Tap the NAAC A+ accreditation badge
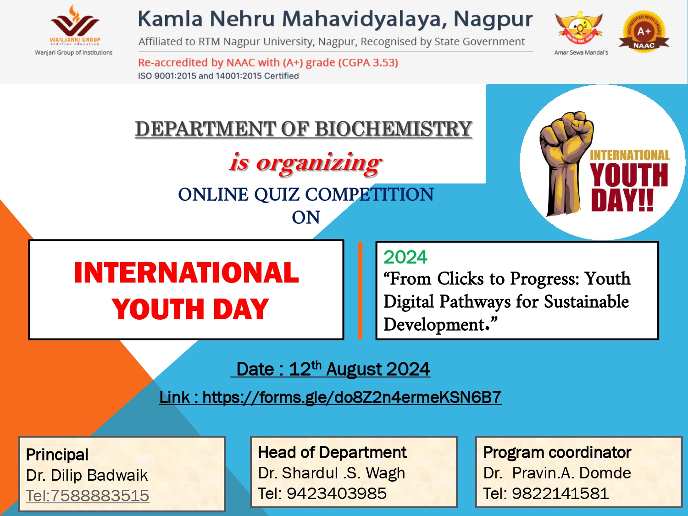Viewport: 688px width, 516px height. pyautogui.click(x=644, y=31)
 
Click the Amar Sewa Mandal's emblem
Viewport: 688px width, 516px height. pyautogui.click(x=579, y=28)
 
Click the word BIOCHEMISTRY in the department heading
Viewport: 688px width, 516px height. pyautogui.click(x=394, y=129)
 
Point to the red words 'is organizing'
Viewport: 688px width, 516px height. pyautogui.click(x=305, y=163)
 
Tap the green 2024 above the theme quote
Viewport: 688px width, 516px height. pyautogui.click(x=405, y=257)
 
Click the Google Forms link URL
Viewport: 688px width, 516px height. pyautogui.click(x=352, y=397)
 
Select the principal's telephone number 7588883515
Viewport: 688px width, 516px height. pyautogui.click(x=100, y=495)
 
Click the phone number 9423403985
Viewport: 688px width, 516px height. pyautogui.click(x=337, y=493)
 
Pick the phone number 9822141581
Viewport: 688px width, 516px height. pyautogui.click(x=560, y=493)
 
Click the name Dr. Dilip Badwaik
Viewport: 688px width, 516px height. pyautogui.click(x=87, y=475)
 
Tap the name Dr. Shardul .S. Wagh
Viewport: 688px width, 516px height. pyautogui.click(x=332, y=473)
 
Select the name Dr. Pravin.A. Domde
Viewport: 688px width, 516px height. pyautogui.click(x=557, y=473)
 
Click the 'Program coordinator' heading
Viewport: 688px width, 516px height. pyautogui.click(x=557, y=452)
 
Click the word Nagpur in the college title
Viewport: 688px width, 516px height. pyautogui.click(x=493, y=19)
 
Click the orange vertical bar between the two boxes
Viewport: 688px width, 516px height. pyautogui.click(x=360, y=290)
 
